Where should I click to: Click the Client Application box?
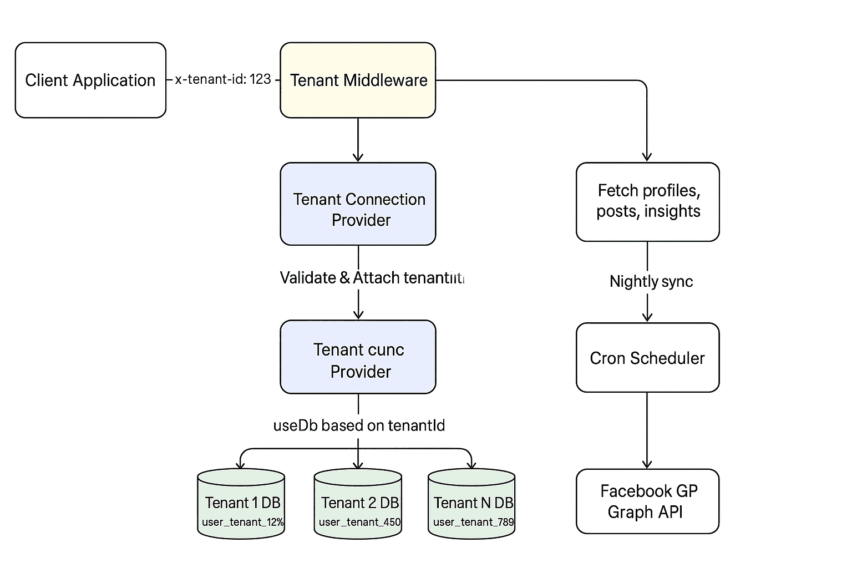(90, 80)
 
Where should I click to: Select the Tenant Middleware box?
(358, 80)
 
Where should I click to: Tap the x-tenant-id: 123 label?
(223, 79)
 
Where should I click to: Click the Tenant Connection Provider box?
(358, 204)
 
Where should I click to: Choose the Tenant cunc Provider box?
(358, 357)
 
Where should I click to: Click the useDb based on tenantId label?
(359, 425)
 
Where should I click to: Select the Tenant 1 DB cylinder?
(241, 504)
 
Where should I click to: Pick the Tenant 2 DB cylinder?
(358, 504)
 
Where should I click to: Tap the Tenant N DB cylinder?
(472, 504)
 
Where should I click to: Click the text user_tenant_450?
(359, 522)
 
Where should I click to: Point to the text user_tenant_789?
(473, 522)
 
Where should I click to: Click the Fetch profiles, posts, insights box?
(647, 202)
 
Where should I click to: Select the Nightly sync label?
(651, 281)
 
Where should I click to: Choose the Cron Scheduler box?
(647, 358)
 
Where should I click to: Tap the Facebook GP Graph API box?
(647, 501)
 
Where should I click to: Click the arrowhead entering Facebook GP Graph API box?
(647, 464)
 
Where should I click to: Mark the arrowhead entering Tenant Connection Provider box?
(358, 158)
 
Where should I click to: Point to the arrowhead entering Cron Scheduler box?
(647, 317)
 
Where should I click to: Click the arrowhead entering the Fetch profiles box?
(647, 158)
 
